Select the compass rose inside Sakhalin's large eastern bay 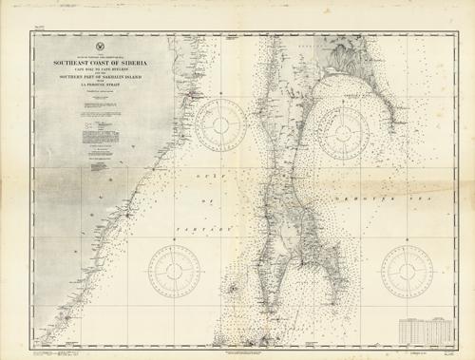pyautogui.click(x=344, y=126)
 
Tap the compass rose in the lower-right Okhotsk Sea pyautogui.click(x=408, y=268)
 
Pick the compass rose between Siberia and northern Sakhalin pyautogui.click(x=221, y=126)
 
